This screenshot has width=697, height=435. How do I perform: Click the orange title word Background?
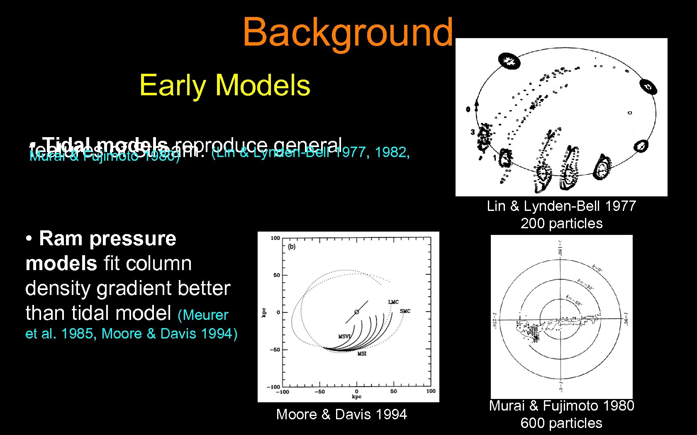click(348, 32)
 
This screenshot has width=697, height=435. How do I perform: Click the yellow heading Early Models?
click(224, 85)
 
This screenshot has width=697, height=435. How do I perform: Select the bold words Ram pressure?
click(107, 239)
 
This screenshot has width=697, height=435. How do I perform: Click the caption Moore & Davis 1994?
click(341, 414)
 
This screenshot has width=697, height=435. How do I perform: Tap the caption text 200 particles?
click(561, 223)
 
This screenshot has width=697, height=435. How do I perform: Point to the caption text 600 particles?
click(561, 423)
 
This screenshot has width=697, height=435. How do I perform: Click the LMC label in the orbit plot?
click(393, 302)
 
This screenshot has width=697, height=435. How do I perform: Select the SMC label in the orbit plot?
click(405, 311)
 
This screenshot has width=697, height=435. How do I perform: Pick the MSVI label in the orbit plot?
click(344, 336)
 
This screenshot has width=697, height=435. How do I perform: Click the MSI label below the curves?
click(362, 353)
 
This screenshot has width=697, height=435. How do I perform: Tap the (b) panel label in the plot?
click(292, 247)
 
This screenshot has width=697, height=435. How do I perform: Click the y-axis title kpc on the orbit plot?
click(264, 312)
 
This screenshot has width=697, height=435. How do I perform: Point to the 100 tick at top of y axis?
click(275, 238)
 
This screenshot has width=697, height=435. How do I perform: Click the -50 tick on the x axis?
click(319, 391)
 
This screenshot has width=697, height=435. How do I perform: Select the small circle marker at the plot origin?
click(356, 312)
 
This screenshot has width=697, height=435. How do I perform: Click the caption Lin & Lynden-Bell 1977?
click(561, 206)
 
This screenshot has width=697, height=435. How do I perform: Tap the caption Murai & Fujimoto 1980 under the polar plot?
click(561, 406)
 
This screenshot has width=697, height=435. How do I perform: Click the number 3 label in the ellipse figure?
click(473, 132)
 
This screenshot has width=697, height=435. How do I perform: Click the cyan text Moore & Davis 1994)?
click(169, 333)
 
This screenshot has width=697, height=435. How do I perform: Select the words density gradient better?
click(128, 288)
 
